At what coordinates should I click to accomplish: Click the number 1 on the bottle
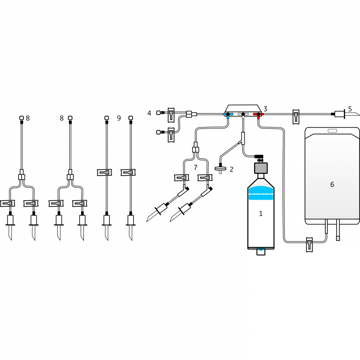point(261,214)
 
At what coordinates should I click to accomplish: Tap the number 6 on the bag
point(332,185)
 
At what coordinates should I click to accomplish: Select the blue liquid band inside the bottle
point(261,193)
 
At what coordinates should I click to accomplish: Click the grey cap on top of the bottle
point(261,168)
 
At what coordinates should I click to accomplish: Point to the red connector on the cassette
point(258,114)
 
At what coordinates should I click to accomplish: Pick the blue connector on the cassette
point(228,114)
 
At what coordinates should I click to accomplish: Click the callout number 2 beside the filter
point(231,169)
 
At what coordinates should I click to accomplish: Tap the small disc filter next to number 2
point(220,168)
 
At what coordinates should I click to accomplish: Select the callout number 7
point(195,167)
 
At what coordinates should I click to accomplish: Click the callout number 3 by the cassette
point(265,109)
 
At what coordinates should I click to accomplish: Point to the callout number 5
point(350,109)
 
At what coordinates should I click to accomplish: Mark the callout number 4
point(150,113)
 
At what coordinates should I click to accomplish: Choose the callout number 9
point(119,118)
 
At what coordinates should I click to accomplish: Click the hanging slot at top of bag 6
point(332,131)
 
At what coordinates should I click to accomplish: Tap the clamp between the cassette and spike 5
point(296,116)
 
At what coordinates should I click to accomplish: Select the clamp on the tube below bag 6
point(309,244)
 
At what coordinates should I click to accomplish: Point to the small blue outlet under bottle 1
point(261,251)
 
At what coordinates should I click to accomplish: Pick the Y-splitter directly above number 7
point(195,150)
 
